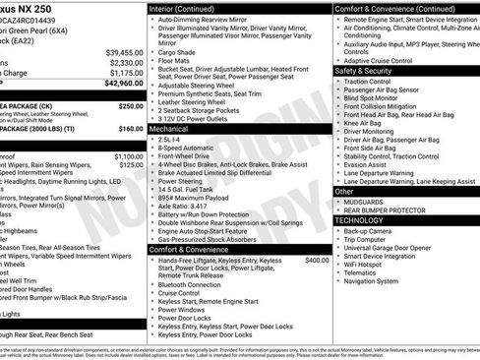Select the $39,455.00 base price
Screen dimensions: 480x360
click(125, 51)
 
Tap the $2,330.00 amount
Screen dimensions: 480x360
click(126, 62)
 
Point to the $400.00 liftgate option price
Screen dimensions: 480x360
click(317, 260)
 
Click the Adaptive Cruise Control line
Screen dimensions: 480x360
click(383, 59)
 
